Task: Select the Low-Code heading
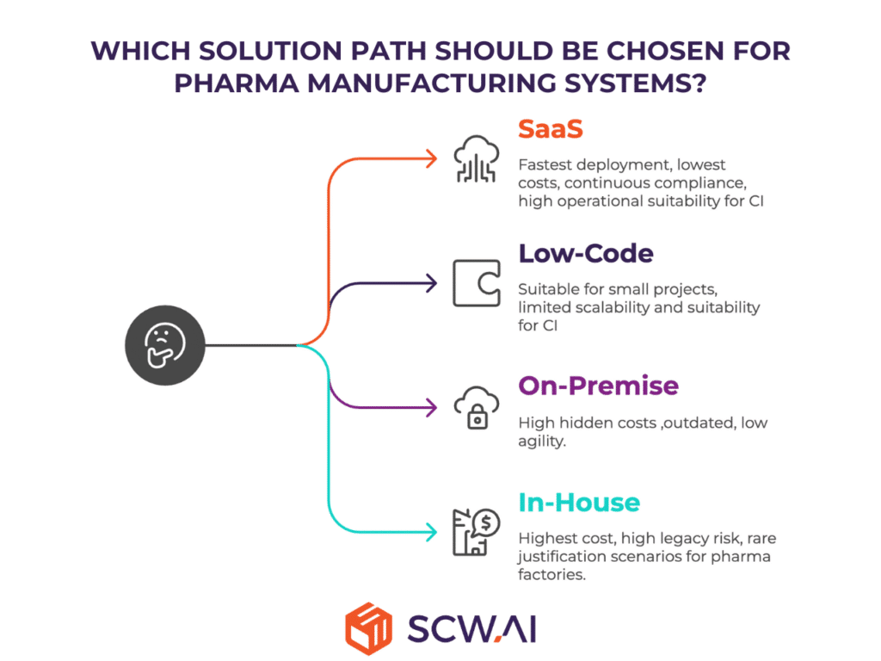585,254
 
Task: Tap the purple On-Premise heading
598,386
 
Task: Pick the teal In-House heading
578,502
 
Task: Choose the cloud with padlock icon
476,407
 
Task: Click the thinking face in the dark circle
166,346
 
